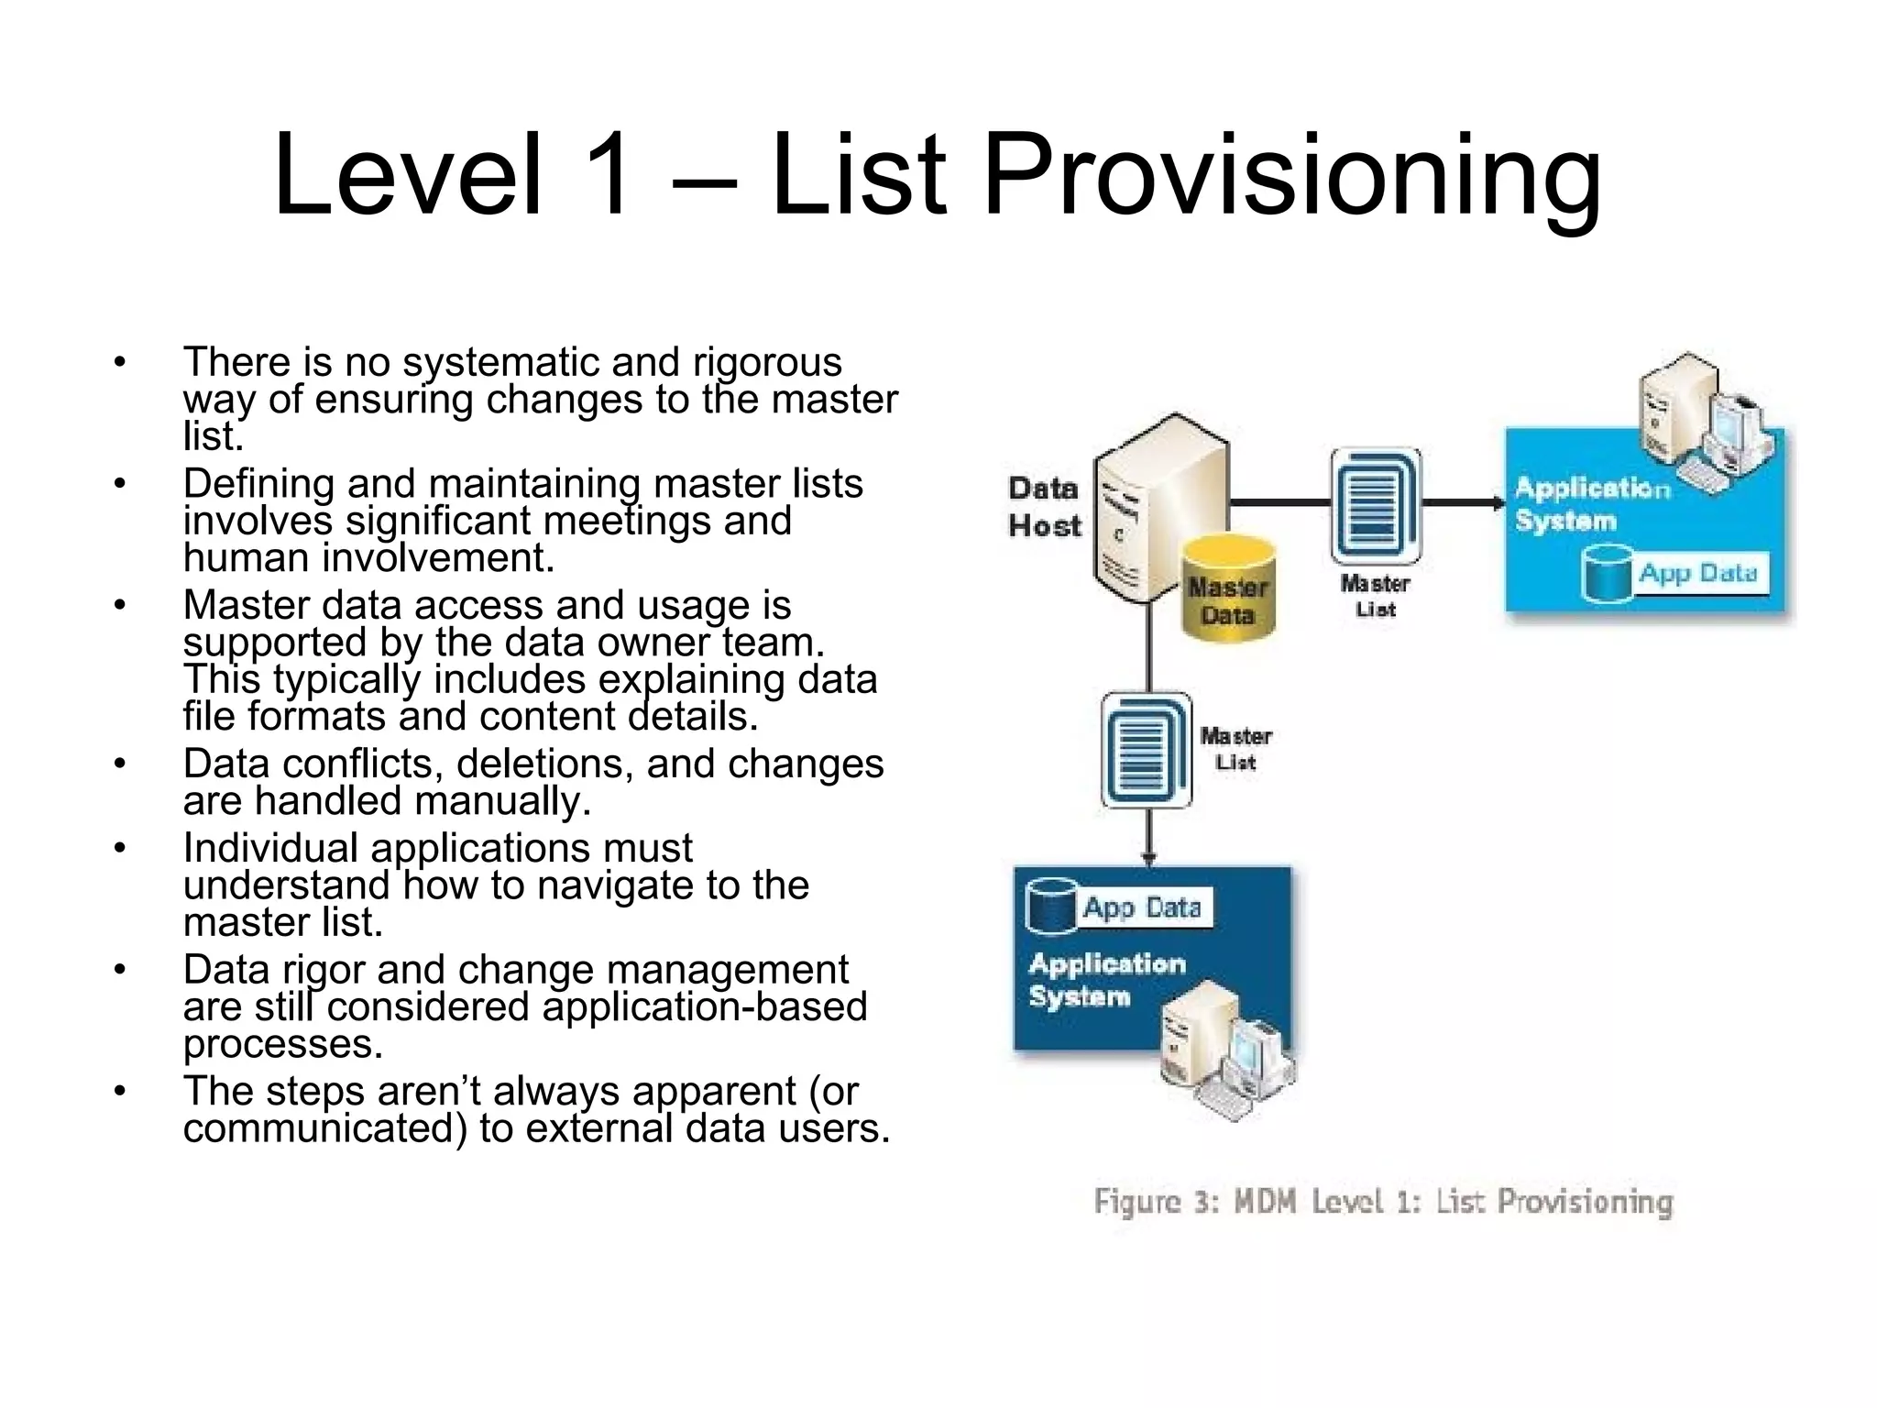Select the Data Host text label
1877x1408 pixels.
pyautogui.click(x=1044, y=507)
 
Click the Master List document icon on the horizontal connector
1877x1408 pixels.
pyautogui.click(x=1375, y=506)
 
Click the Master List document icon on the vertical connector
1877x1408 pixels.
pyautogui.click(x=1146, y=750)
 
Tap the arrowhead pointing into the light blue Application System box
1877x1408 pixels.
pyautogui.click(x=1498, y=502)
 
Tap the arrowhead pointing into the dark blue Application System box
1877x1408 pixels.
pyautogui.click(x=1148, y=859)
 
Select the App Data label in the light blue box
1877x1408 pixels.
pyautogui.click(x=1697, y=574)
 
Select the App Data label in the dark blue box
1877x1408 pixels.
pyautogui.click(x=1142, y=907)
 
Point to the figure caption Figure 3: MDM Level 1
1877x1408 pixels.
pyautogui.click(x=1382, y=1201)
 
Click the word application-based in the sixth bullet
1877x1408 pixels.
pyautogui.click(x=704, y=1007)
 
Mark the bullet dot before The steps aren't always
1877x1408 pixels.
pyautogui.click(x=119, y=1091)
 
